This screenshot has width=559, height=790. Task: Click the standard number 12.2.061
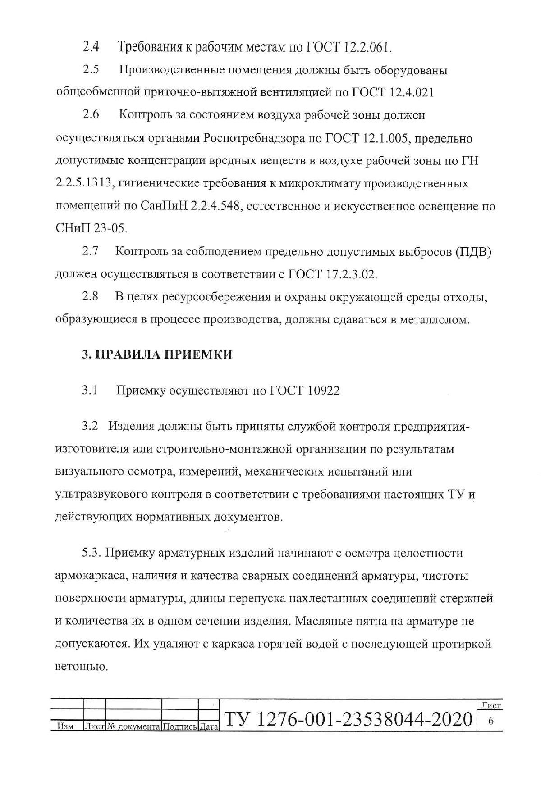point(367,47)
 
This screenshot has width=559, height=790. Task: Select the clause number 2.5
point(91,70)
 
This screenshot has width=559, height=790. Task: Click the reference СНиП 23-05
point(91,229)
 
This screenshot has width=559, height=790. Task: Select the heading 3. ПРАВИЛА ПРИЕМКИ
point(157,354)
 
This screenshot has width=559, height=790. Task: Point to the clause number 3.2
point(90,426)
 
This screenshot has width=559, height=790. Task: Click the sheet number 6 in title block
point(490,721)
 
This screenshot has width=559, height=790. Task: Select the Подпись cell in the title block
point(179,726)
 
